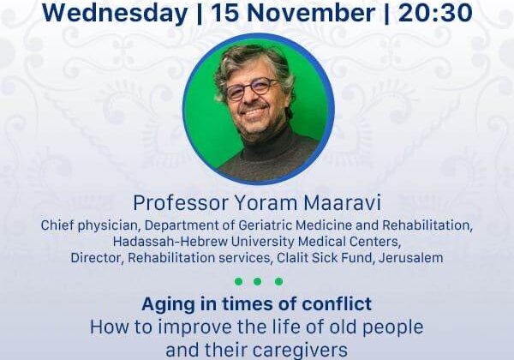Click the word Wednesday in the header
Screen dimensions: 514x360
click(x=115, y=13)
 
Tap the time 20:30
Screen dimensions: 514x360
click(x=435, y=13)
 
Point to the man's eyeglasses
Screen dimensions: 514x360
click(x=252, y=89)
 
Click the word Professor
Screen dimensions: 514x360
click(x=180, y=203)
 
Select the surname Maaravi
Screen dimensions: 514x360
click(x=343, y=203)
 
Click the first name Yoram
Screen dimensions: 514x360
click(x=266, y=203)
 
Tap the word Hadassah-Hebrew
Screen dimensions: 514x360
click(x=170, y=242)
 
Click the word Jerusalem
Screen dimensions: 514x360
click(x=410, y=258)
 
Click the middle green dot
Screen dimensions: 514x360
click(x=258, y=281)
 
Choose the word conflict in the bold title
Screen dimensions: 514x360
click(x=337, y=303)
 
